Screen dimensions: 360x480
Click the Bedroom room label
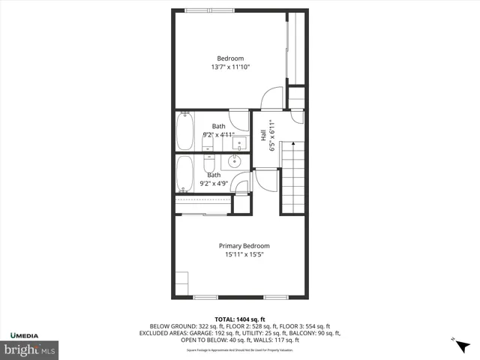tap(230, 58)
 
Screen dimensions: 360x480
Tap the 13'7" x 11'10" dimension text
tap(230, 67)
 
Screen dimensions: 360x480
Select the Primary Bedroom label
tap(244, 246)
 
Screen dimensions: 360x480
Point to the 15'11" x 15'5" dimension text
tap(244, 255)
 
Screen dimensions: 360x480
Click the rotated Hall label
tap(263, 135)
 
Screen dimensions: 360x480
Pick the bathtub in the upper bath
tap(185, 131)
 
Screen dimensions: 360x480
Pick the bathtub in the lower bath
tap(184, 174)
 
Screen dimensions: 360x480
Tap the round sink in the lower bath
tap(235, 160)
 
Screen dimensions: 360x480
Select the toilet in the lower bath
tap(210, 163)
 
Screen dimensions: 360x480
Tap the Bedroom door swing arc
tap(271, 97)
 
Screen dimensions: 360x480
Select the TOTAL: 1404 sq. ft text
tap(240, 319)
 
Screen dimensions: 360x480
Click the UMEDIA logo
tap(25, 334)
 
